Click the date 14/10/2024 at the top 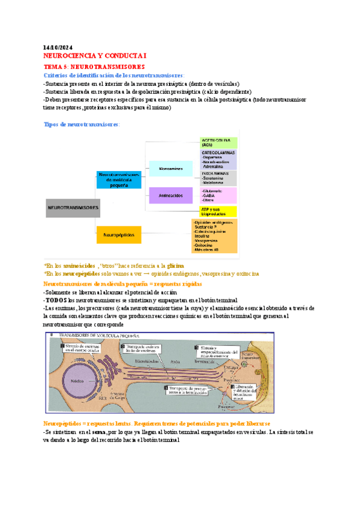click(58, 47)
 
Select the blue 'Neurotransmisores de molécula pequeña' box click(119, 178)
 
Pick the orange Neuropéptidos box click(119, 234)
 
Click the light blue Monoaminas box click(170, 169)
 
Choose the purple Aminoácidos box click(170, 196)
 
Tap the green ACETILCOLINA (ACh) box click(218, 143)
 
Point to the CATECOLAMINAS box click(218, 159)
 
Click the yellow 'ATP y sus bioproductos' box click(218, 211)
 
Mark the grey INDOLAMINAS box click(218, 178)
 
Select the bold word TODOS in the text click(55, 300)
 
